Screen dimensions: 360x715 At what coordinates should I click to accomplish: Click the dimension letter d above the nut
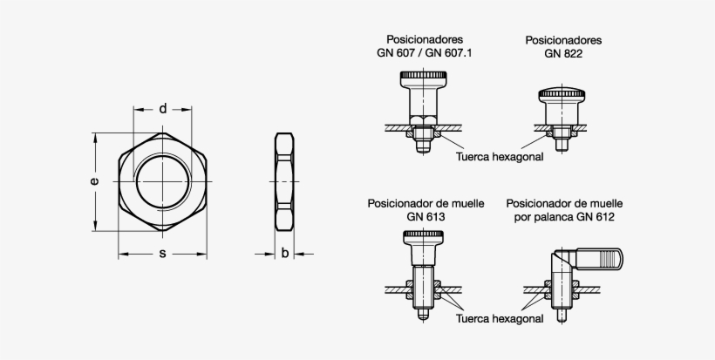163,109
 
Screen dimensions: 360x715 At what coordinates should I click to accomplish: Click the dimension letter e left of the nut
94,182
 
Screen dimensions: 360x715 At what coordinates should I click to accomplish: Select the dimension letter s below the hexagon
163,254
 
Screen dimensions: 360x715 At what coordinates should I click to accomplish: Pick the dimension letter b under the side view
285,254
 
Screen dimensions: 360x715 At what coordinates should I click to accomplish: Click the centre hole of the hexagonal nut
163,181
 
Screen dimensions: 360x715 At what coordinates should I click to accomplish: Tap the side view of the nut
284,181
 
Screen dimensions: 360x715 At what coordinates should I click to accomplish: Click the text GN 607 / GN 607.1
425,53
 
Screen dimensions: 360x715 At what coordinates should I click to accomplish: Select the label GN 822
563,53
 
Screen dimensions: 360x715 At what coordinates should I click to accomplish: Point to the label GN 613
425,217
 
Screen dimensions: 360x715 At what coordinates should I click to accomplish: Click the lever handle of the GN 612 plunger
602,259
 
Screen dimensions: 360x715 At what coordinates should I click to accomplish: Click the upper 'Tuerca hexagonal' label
500,158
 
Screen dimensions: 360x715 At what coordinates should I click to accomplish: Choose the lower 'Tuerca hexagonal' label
500,318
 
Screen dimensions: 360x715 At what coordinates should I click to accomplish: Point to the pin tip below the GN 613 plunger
424,315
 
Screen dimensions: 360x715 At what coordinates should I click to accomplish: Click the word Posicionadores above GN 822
563,40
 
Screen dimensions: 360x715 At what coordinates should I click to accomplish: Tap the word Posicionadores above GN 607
425,39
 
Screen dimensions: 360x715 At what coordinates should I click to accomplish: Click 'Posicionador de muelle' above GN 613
425,203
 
